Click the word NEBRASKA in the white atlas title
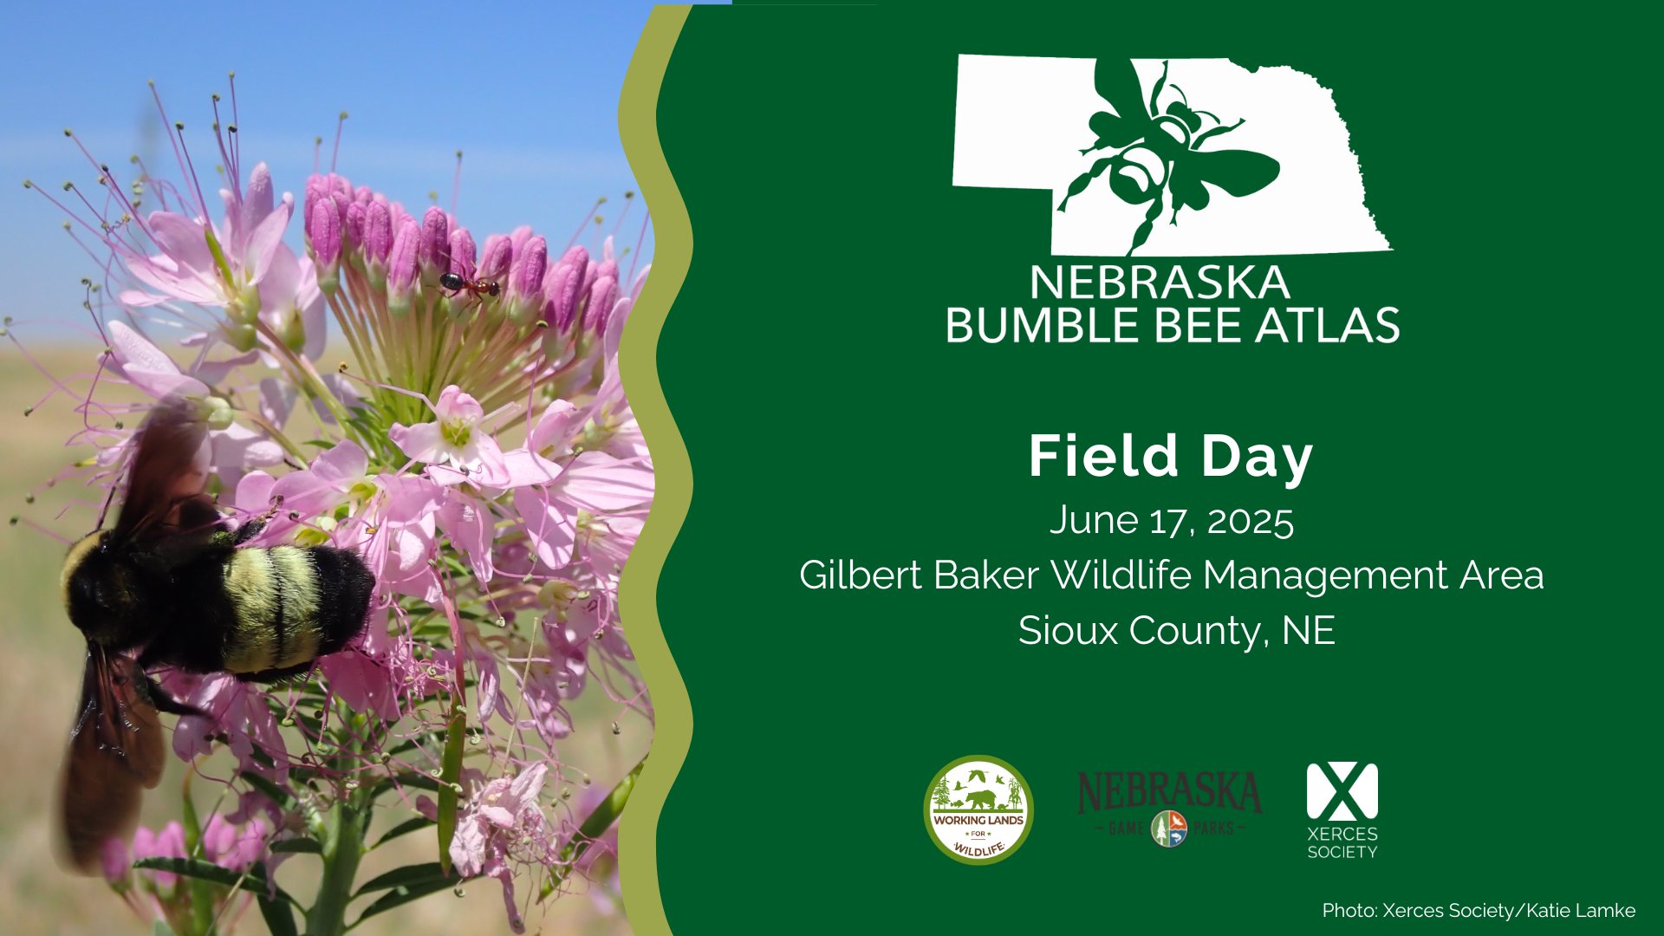click(x=1160, y=283)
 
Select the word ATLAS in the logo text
click(x=1329, y=325)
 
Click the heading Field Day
click(x=1171, y=457)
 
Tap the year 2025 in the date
click(x=1250, y=522)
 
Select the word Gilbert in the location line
click(x=862, y=575)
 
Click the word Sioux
click(x=1069, y=630)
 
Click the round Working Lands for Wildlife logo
click(x=978, y=809)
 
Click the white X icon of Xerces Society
click(x=1342, y=791)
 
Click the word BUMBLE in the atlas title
click(x=1024, y=325)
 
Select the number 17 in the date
click(x=1173, y=522)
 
